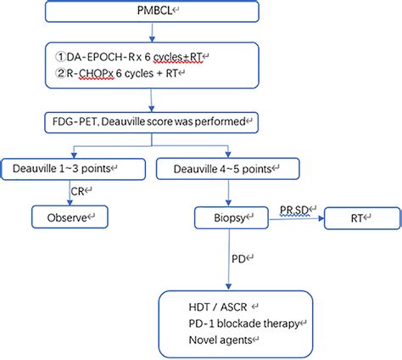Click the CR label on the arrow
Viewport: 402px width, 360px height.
pos(79,192)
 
